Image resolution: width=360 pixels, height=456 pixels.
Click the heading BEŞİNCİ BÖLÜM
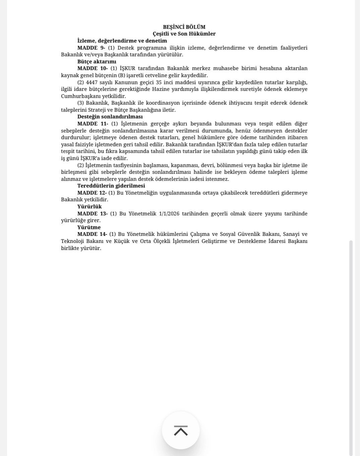(184, 27)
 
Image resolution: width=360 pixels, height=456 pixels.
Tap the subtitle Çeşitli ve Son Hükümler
(184, 34)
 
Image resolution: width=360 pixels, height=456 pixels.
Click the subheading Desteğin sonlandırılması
(110, 117)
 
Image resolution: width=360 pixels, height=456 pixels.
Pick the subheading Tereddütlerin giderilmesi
(111, 186)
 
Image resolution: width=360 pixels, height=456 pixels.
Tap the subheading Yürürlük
(89, 207)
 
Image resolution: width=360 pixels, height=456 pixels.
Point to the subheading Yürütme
(89, 227)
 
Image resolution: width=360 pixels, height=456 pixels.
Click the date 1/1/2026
(169, 214)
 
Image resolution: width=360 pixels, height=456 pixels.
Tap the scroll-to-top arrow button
(181, 430)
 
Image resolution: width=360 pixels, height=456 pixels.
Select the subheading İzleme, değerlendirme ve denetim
(122, 41)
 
